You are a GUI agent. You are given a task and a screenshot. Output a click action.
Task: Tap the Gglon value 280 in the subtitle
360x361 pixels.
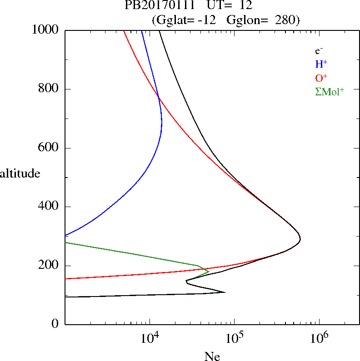pos(285,20)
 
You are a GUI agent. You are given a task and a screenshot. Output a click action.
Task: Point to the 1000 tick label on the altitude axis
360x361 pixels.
pos(46,30)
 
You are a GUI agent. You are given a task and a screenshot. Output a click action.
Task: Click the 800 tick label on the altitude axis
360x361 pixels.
pos(50,89)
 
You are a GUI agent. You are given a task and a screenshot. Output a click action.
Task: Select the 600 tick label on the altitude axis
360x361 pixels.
pos(50,148)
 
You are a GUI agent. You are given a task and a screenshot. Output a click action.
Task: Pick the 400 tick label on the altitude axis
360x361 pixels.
pos(50,207)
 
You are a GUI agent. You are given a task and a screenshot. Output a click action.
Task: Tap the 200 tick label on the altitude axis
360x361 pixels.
pos(50,266)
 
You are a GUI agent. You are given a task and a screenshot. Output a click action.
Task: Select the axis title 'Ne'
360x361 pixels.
pos(212,356)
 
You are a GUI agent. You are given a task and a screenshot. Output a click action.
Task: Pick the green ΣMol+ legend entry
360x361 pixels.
pos(330,91)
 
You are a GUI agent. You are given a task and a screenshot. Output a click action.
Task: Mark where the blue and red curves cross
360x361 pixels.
pos(158,97)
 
